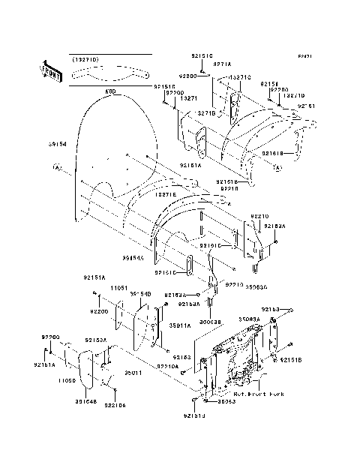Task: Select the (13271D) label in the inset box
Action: (x=85, y=58)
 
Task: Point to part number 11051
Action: (x=120, y=287)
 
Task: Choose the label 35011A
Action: (x=180, y=325)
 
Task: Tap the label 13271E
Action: (x=165, y=194)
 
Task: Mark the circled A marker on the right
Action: (x=275, y=168)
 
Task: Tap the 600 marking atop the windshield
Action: (x=109, y=91)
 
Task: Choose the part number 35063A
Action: (x=249, y=319)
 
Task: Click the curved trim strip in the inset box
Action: (x=109, y=73)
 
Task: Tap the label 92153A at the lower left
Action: (x=95, y=339)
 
